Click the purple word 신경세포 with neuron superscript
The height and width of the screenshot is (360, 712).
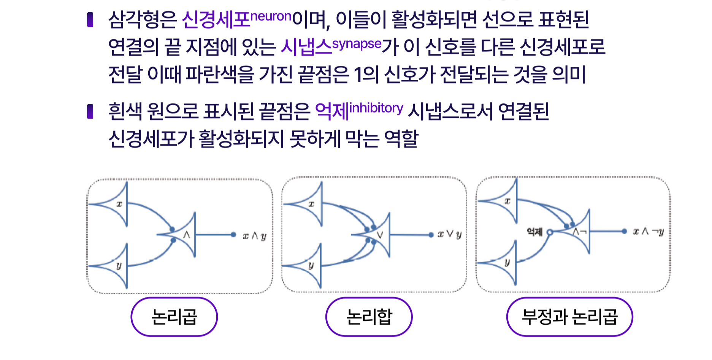coord(216,20)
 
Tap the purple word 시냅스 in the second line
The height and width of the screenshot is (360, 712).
coord(306,47)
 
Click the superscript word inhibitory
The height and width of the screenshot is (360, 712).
coord(376,108)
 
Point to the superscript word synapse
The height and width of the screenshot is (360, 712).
coord(357,44)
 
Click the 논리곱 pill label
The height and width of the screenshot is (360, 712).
coord(174,317)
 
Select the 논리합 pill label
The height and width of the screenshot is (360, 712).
coord(369,317)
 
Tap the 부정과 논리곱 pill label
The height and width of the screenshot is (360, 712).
coord(569,317)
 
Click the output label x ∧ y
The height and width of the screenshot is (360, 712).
coord(255,236)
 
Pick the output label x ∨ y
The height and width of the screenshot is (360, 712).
coord(449,235)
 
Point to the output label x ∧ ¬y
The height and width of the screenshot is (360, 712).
coord(648,231)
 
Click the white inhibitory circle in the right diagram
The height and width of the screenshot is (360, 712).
coord(549,232)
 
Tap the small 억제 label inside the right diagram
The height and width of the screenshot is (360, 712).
coord(534,232)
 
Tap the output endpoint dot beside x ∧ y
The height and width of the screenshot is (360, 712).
coord(233,235)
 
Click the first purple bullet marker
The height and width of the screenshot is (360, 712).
coord(90,20)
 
